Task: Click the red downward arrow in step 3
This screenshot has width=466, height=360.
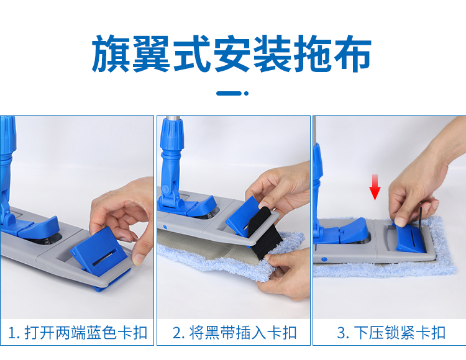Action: (374, 187)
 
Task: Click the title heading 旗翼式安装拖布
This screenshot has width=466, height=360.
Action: (232, 55)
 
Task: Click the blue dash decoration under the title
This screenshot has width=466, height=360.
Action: (229, 93)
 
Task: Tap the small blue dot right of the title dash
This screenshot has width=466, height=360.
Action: (246, 93)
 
